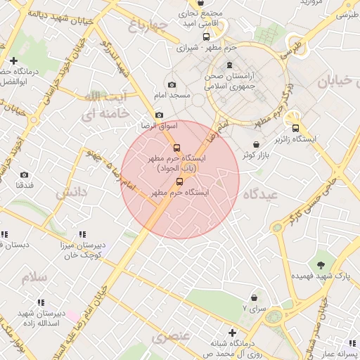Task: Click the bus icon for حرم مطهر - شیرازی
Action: pyautogui.click(x=206, y=37)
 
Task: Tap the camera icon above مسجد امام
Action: pyautogui.click(x=172, y=84)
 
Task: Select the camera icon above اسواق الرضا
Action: pyautogui.click(x=159, y=115)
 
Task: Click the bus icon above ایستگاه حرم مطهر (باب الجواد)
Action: pyautogui.click(x=176, y=148)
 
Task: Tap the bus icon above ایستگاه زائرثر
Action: pyautogui.click(x=295, y=128)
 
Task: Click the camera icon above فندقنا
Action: pyautogui.click(x=25, y=174)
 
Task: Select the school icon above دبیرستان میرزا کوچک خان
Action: pyautogui.click(x=82, y=234)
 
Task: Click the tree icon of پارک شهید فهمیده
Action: pyautogui.click(x=321, y=265)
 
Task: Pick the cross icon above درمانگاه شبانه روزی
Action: pyautogui.click(x=232, y=332)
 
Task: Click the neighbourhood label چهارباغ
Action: pyautogui.click(x=149, y=27)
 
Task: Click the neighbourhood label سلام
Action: pyautogui.click(x=34, y=277)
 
